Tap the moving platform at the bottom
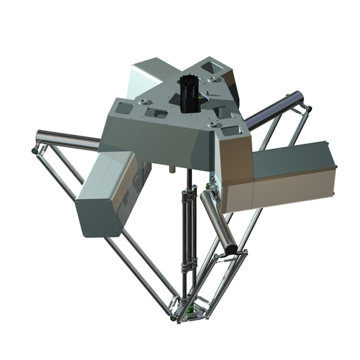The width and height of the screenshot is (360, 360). click(192, 310)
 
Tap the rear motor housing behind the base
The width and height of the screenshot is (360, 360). click(151, 77)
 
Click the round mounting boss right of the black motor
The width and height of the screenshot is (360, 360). click(212, 79)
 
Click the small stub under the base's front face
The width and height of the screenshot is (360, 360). click(171, 169)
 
